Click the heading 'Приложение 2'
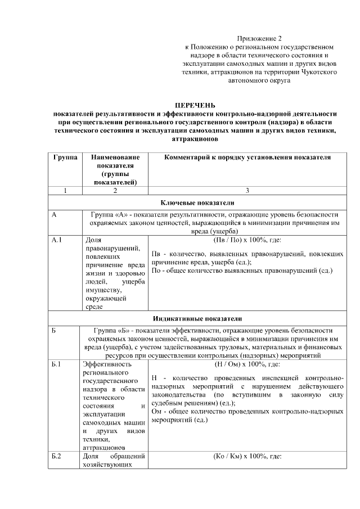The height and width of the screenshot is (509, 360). (259, 38)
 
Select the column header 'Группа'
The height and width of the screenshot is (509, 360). (65, 157)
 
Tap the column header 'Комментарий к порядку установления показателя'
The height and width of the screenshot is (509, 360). (247, 157)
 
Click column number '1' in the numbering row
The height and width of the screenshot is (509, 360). (65, 191)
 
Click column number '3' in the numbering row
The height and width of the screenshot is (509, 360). (247, 191)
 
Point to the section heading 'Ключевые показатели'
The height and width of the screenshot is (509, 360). (197, 202)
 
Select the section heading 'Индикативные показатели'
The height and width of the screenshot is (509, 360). (197, 318)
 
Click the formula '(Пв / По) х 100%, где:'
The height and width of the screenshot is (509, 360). (247, 240)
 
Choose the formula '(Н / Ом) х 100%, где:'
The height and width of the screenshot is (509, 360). (247, 364)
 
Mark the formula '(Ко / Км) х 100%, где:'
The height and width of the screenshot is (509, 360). (247, 456)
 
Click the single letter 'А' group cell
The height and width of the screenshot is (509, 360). (54, 215)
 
